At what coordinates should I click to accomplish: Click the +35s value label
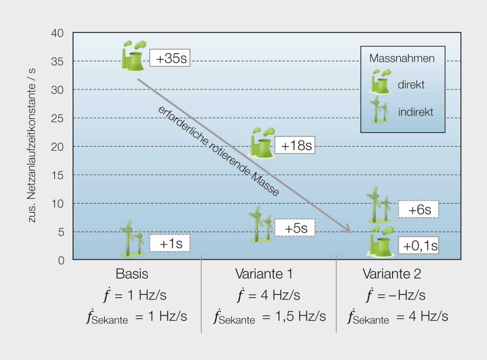170,58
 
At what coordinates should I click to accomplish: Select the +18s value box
295,145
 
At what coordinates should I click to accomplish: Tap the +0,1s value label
418,245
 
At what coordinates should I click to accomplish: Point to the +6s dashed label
418,209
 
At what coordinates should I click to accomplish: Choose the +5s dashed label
295,228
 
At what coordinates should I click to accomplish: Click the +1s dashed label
170,243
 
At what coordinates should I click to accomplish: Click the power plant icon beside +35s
133,56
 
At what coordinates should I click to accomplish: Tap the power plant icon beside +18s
261,143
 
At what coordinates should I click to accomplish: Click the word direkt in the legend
411,85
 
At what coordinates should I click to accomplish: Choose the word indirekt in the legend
416,112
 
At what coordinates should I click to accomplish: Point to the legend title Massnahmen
402,58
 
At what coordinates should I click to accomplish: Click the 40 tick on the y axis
57,33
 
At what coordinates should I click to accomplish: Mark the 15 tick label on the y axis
57,175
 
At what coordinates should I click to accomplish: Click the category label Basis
132,274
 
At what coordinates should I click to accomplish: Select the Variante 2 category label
392,274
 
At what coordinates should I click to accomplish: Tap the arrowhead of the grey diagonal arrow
348,230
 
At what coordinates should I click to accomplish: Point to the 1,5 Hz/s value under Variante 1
300,316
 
